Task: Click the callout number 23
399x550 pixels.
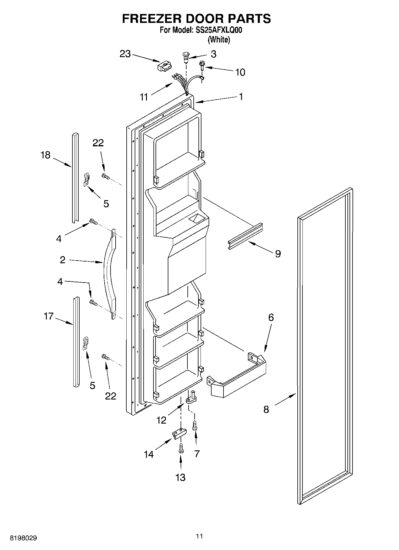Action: coord(125,54)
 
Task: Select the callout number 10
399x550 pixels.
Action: coord(240,72)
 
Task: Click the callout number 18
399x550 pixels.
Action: coord(46,155)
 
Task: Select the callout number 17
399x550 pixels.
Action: coord(48,316)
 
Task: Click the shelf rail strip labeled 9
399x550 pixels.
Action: coord(246,236)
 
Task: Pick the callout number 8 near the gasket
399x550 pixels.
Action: coord(266,410)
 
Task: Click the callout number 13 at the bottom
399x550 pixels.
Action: coord(181,477)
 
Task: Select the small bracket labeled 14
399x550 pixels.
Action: coord(178,434)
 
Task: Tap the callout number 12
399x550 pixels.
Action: coord(162,420)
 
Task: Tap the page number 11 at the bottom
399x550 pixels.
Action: coord(199,536)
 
